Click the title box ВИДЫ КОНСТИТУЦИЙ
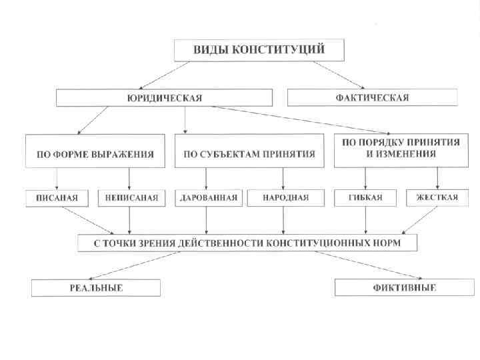(x=259, y=50)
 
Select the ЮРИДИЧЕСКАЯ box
(x=164, y=98)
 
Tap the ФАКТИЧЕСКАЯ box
(x=372, y=98)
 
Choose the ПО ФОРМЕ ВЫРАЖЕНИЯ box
(x=95, y=153)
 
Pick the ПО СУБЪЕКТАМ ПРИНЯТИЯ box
(x=249, y=153)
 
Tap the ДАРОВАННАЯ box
(x=209, y=197)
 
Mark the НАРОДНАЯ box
(x=285, y=197)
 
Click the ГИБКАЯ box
(x=365, y=197)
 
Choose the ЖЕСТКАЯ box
(x=437, y=197)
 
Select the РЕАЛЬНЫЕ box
(x=96, y=288)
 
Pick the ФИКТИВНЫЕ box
(x=404, y=288)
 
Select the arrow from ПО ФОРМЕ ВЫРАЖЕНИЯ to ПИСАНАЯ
(x=57, y=178)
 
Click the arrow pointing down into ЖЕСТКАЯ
(x=437, y=178)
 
